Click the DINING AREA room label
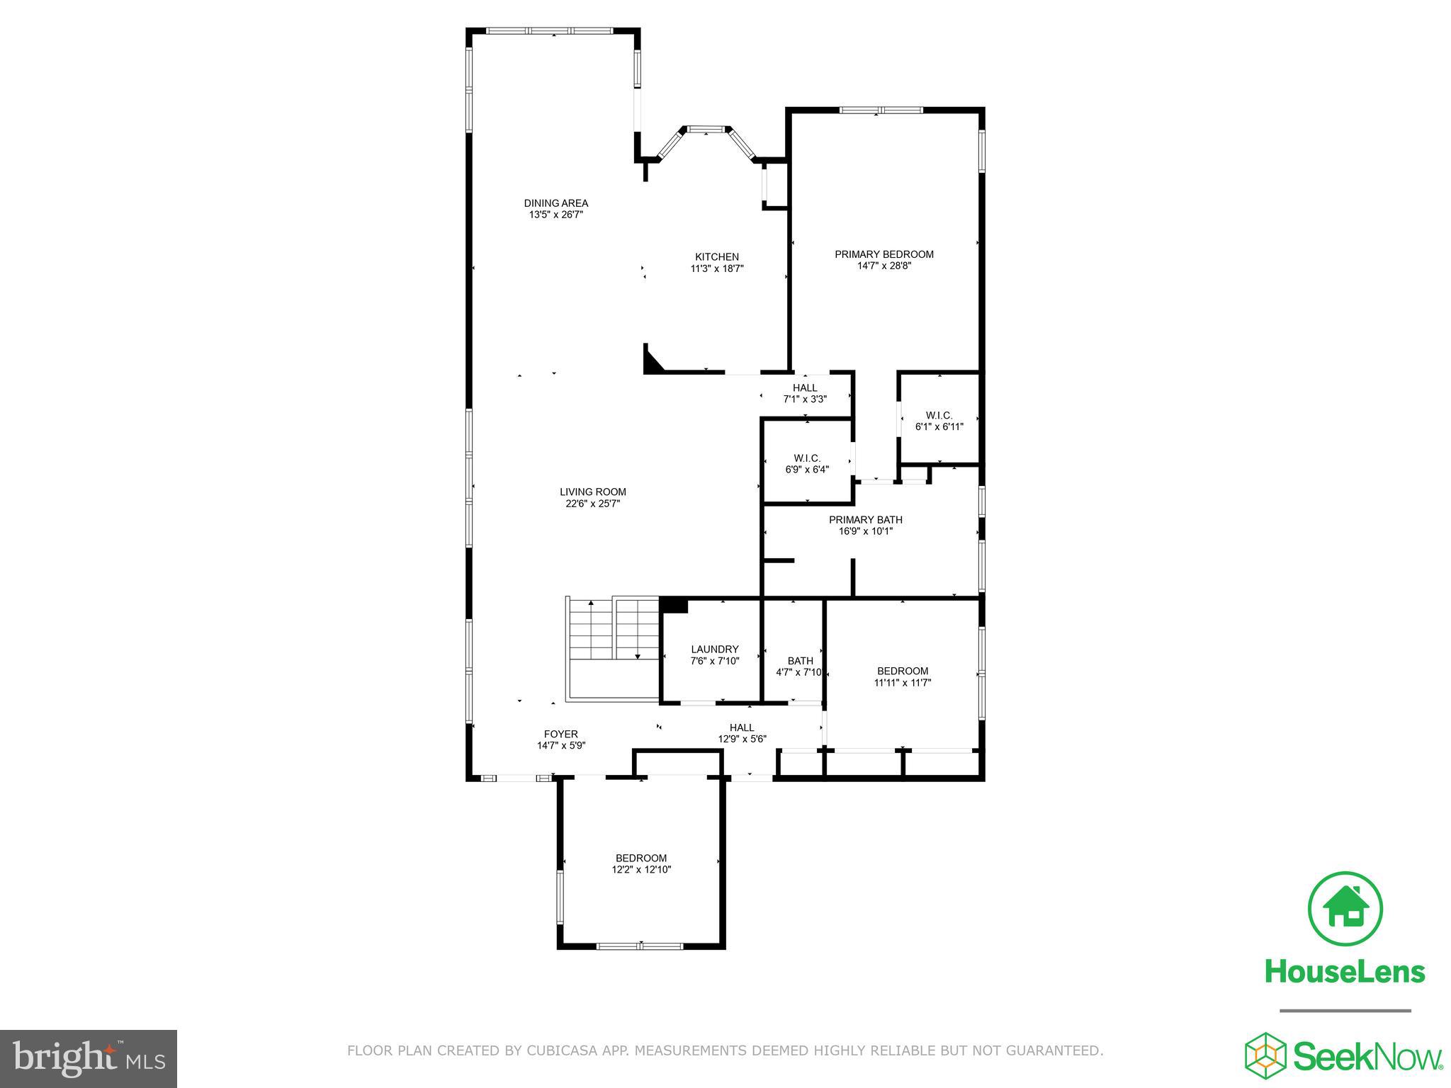(556, 203)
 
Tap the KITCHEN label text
(717, 257)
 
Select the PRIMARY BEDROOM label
(884, 254)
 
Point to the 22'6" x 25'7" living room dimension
(593, 504)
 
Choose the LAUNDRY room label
(715, 649)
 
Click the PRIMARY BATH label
(866, 520)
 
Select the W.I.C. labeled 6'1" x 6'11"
(939, 421)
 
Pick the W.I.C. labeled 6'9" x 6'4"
(807, 464)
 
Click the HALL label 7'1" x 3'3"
(805, 393)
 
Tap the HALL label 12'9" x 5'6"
(742, 732)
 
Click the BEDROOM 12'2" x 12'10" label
(641, 863)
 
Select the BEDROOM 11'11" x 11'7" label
(903, 676)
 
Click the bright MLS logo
(88, 1058)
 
